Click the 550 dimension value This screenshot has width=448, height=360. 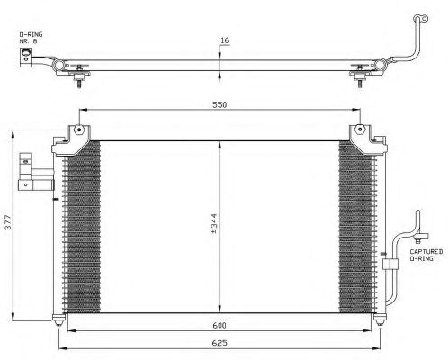220,105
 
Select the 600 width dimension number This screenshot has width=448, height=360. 220,325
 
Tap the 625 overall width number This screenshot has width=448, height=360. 220,343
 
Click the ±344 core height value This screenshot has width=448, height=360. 214,224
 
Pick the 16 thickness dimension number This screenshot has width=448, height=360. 225,40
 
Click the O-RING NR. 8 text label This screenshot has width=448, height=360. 31,38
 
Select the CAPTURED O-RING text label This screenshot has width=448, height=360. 426,255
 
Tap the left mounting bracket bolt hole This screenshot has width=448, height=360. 79,130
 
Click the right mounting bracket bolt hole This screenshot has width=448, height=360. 360,130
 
